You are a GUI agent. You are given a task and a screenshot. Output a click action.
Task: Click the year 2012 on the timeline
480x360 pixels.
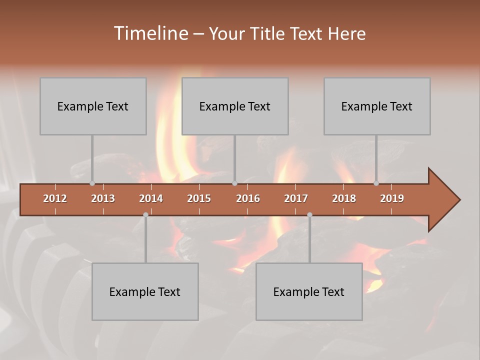point(55,198)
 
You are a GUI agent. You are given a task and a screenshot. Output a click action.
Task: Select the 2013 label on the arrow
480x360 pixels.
point(103,198)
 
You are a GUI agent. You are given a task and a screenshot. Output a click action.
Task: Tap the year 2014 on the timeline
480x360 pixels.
point(151,198)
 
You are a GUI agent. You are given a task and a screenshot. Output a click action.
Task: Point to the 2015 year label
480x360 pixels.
point(199,198)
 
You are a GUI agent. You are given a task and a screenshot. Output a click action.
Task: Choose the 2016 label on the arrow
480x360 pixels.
point(248,198)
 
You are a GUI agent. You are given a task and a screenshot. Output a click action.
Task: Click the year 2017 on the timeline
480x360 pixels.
point(296,198)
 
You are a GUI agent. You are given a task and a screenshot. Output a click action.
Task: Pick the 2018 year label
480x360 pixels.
point(344,198)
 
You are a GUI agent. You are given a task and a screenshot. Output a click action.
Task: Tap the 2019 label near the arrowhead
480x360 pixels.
point(392,198)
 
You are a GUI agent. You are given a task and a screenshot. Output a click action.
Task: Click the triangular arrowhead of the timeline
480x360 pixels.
point(443,200)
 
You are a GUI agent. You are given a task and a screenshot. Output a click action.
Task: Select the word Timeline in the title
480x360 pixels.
point(150,33)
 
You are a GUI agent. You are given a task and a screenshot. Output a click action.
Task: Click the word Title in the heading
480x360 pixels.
point(269,33)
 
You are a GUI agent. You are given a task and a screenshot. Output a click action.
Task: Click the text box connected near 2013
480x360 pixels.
point(93,106)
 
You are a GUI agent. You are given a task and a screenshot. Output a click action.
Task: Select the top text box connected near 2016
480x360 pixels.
point(235,106)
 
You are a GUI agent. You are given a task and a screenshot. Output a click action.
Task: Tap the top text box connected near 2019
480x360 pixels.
point(377,106)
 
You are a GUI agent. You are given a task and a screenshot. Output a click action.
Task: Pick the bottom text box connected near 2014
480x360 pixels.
point(145,291)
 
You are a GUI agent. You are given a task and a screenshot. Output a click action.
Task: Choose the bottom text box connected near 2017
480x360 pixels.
point(309,291)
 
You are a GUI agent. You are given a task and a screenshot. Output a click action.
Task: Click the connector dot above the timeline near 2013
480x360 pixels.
point(92,183)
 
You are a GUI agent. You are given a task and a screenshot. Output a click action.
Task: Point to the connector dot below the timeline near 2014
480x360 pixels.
point(145,214)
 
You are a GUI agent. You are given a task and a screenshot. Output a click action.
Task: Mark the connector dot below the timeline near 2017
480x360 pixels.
point(309,214)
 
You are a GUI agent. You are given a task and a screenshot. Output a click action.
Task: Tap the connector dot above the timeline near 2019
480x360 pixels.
point(376,183)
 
